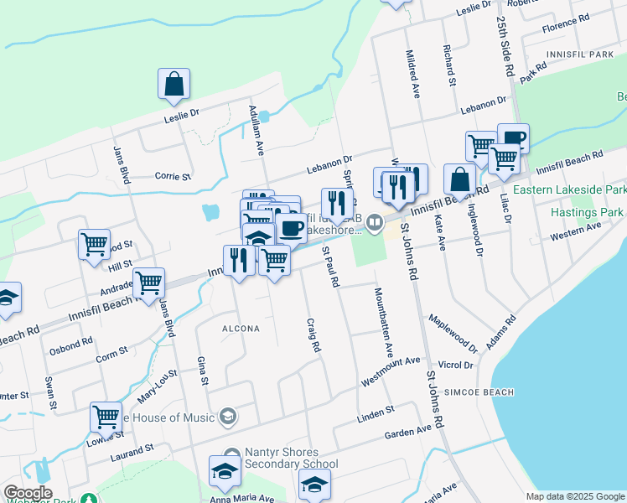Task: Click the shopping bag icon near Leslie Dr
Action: (x=174, y=84)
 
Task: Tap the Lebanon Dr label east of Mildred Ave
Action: (x=484, y=106)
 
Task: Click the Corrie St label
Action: (x=174, y=176)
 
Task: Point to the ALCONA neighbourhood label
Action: (x=241, y=329)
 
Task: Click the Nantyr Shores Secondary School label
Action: (x=292, y=458)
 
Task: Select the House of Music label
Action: (x=168, y=417)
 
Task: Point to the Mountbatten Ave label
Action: (x=383, y=319)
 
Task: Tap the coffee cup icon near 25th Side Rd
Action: (x=513, y=138)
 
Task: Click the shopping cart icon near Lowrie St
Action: (x=106, y=416)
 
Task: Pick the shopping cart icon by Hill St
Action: (x=94, y=245)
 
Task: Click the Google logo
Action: (x=28, y=493)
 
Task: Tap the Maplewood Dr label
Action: (x=452, y=333)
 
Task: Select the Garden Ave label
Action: (x=407, y=430)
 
